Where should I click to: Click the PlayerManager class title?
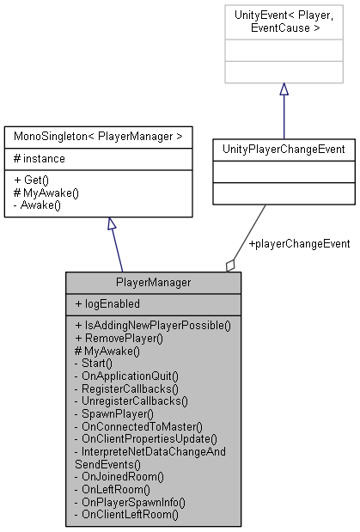tap(153, 282)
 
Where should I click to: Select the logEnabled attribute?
tap(108, 304)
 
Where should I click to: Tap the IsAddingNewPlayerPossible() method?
tap(154, 326)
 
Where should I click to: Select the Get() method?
tap(32, 180)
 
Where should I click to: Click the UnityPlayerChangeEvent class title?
tap(284, 149)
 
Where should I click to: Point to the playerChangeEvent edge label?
tap(298, 244)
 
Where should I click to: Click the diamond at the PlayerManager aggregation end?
tap(231, 266)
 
